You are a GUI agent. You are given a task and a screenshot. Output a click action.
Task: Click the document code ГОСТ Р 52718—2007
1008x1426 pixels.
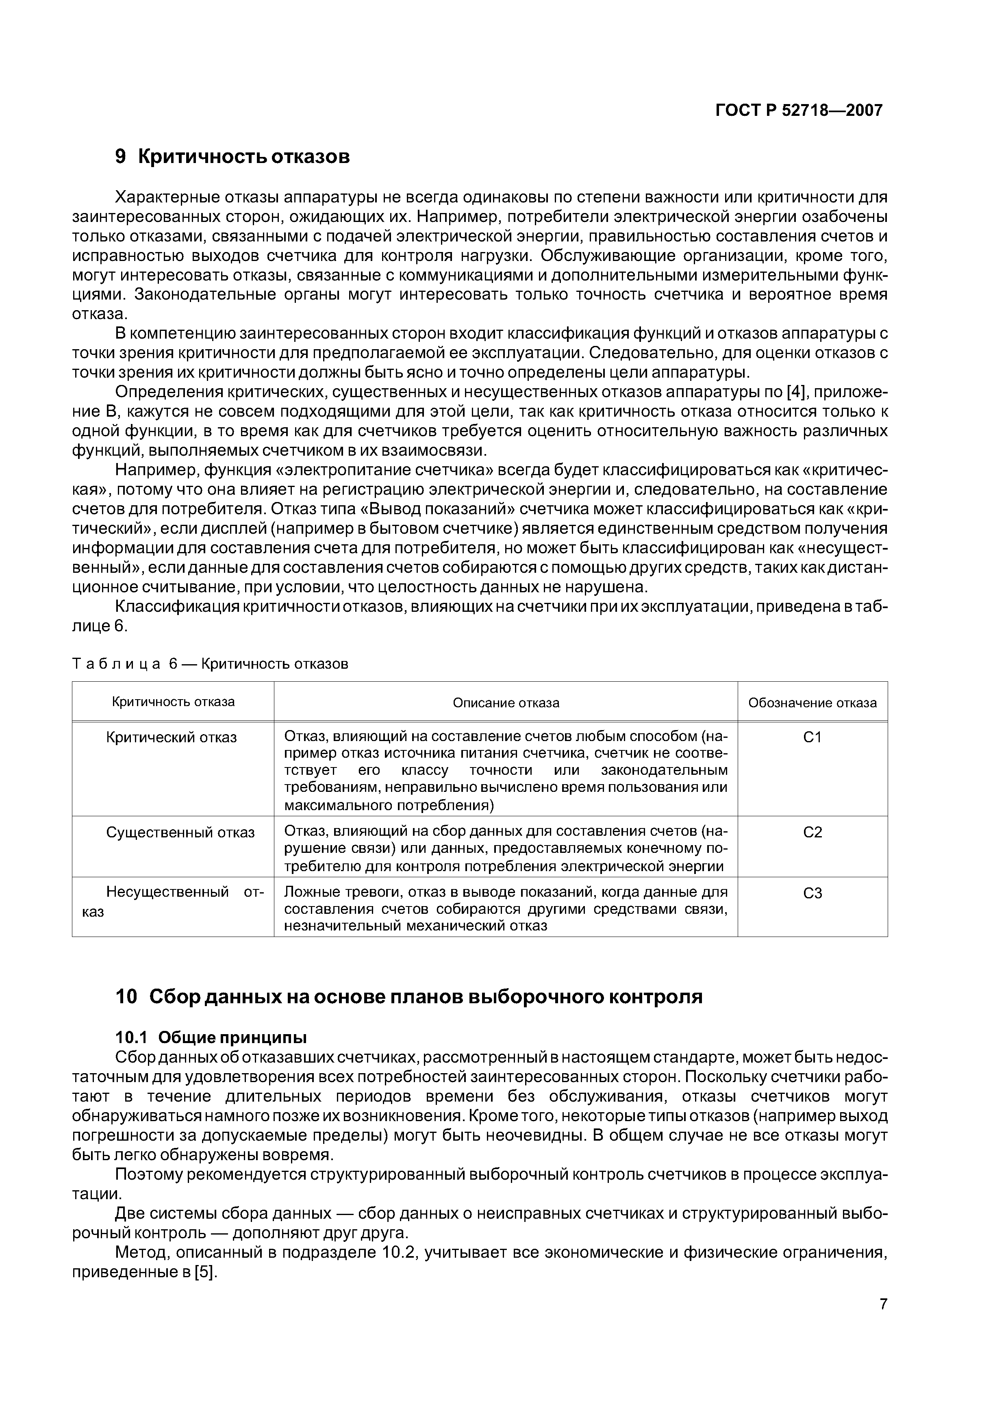click(x=799, y=111)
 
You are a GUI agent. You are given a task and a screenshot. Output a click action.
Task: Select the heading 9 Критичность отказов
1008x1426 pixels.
click(x=233, y=157)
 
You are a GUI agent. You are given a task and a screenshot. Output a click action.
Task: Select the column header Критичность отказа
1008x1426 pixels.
click(x=173, y=702)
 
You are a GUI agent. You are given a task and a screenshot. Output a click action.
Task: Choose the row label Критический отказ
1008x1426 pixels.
click(x=172, y=737)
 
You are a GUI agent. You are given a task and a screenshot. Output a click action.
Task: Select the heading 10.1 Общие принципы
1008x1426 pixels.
click(x=211, y=1038)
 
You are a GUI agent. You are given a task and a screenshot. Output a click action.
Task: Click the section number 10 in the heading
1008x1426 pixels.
click(x=126, y=997)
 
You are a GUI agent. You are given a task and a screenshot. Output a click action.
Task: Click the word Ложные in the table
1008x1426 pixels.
click(x=309, y=893)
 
